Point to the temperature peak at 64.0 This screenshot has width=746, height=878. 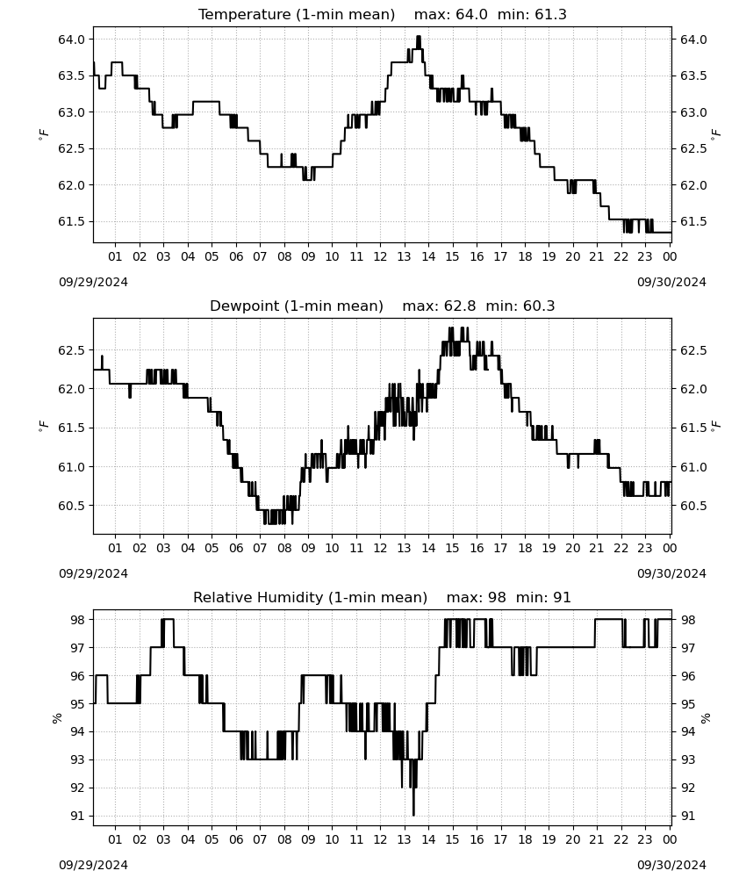tap(418, 38)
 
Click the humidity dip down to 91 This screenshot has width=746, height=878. tap(413, 814)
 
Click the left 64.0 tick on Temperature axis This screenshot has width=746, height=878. tap(72, 40)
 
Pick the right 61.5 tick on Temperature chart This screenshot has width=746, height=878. tap(693, 222)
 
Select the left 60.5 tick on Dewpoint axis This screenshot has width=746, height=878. tap(72, 506)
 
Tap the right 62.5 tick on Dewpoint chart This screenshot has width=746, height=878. tap(693, 350)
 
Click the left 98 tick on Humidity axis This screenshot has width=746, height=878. tap(78, 620)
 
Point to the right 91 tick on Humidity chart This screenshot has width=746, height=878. tap(687, 816)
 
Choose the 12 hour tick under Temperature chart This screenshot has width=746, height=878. tap(380, 256)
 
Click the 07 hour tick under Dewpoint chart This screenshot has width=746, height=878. tap(260, 548)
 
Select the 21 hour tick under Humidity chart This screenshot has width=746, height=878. tap(597, 840)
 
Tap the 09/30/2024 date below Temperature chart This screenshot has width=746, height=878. tap(671, 282)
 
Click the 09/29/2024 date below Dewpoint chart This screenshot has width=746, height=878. tap(93, 574)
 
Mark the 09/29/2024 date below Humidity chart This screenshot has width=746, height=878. tap(93, 866)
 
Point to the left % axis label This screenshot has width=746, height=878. tap(56, 718)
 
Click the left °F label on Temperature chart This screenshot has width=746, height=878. tap(44, 134)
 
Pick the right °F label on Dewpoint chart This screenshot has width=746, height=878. tap(716, 426)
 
